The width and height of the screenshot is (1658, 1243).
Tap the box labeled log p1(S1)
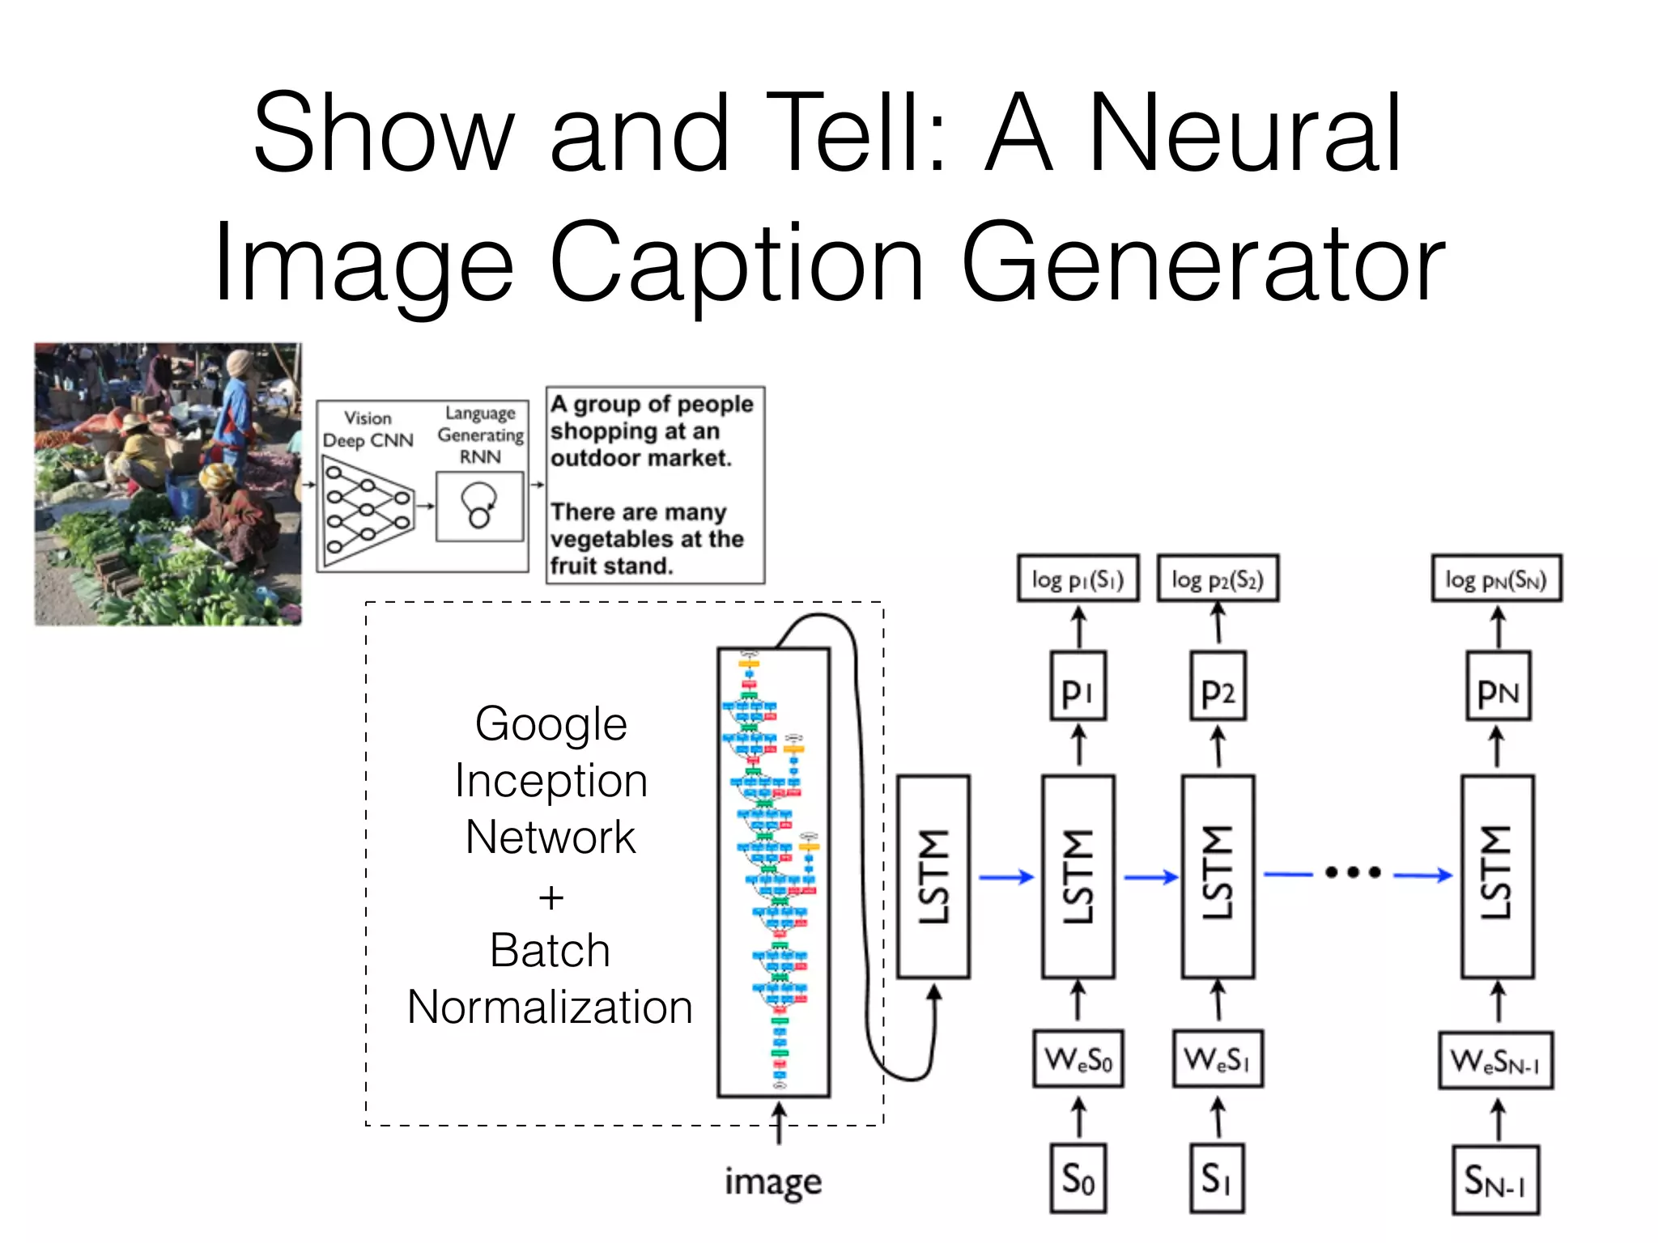pyautogui.click(x=1078, y=579)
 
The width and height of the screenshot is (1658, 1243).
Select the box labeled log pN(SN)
pyautogui.click(x=1496, y=579)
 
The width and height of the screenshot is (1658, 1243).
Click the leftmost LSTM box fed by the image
pyautogui.click(x=933, y=876)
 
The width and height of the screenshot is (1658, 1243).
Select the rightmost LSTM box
pyautogui.click(x=1497, y=876)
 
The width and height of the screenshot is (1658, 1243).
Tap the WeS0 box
pyautogui.click(x=1078, y=1058)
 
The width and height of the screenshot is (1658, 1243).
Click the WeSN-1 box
pyautogui.click(x=1495, y=1060)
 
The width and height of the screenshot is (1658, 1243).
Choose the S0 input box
pyautogui.click(x=1078, y=1178)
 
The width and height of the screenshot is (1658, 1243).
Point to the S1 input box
pyautogui.click(x=1217, y=1178)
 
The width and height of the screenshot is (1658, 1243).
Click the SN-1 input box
pyautogui.click(x=1495, y=1180)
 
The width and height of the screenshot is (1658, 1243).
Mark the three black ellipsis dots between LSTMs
pyautogui.click(x=1353, y=872)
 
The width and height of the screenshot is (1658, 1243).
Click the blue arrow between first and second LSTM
pyautogui.click(x=1006, y=876)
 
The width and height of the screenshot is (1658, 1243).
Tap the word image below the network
pyautogui.click(x=773, y=1182)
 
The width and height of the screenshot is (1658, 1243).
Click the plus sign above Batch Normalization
pyautogui.click(x=551, y=897)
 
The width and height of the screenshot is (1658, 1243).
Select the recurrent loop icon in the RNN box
pyautogui.click(x=479, y=506)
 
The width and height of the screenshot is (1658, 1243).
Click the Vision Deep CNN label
pyautogui.click(x=368, y=429)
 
